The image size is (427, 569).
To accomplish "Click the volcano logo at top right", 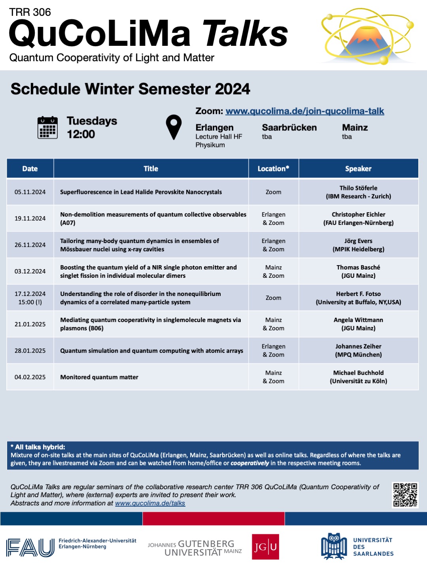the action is click(x=368, y=36).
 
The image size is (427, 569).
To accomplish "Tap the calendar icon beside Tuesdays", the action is click(x=47, y=127).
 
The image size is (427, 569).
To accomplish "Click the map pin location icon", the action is click(x=174, y=127).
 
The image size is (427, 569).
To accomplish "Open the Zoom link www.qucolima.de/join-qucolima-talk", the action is click(x=304, y=111).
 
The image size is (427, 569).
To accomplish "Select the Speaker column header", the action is click(x=358, y=168).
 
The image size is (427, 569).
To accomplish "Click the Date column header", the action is click(x=30, y=168).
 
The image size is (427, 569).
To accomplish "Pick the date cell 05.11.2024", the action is click(x=30, y=192).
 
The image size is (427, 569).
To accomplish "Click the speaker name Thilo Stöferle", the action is click(x=358, y=188).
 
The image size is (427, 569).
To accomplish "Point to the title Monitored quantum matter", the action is click(x=99, y=377).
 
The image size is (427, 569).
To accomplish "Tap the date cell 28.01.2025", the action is click(x=30, y=351).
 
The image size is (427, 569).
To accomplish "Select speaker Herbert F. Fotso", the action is click(x=358, y=294).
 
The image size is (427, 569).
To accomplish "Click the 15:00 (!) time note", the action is click(x=30, y=302).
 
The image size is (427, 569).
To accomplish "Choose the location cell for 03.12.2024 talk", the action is click(x=273, y=271).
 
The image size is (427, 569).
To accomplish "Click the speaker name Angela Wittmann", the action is click(x=358, y=320).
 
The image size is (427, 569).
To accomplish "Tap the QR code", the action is click(x=405, y=495).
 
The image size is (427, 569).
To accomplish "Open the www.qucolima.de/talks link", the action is click(x=150, y=503).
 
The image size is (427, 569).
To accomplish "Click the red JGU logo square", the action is click(x=265, y=546).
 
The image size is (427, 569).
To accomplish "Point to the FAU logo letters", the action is click(x=30, y=547).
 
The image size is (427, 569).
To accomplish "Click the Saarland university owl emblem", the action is click(x=334, y=546).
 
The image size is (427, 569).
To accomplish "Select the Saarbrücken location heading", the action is click(x=289, y=128).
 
